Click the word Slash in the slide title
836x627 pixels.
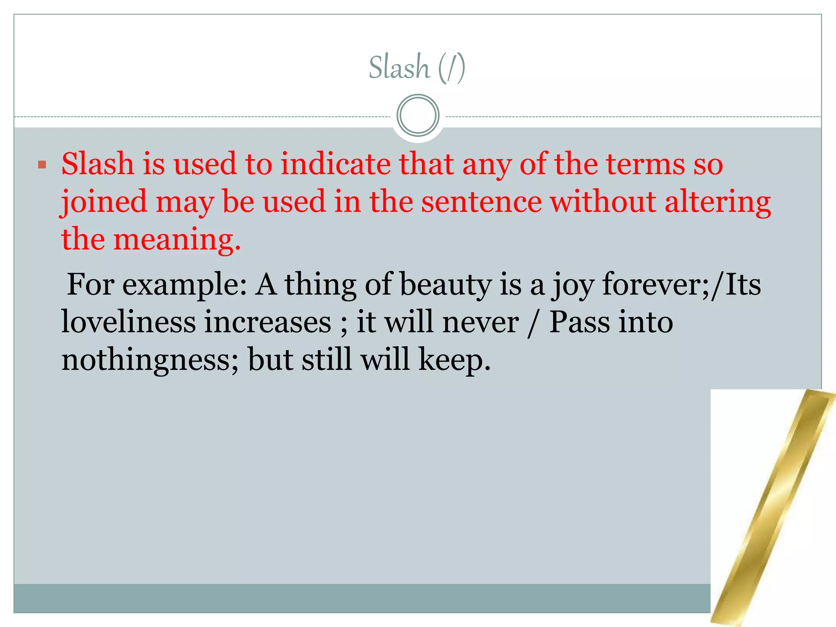pyautogui.click(x=399, y=67)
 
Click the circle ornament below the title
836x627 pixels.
pyautogui.click(x=418, y=116)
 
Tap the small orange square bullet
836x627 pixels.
pyautogui.click(x=42, y=165)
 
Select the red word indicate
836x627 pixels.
pyautogui.click(x=335, y=164)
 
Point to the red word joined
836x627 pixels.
pyautogui.click(x=104, y=202)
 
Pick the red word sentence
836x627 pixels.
pyautogui.click(x=481, y=202)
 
